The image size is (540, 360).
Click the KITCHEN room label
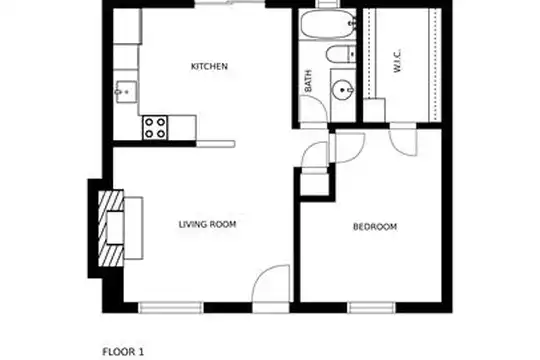click(x=209, y=66)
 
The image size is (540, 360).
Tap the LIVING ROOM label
click(x=207, y=224)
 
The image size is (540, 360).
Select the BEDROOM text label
click(x=375, y=227)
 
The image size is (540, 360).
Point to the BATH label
click(x=308, y=81)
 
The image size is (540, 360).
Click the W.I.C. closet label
click(x=397, y=61)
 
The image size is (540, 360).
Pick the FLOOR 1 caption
click(x=123, y=352)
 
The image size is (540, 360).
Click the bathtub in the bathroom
click(x=328, y=24)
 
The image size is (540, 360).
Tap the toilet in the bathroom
click(x=341, y=54)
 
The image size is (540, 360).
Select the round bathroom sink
click(x=342, y=90)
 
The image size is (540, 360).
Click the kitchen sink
click(x=126, y=92)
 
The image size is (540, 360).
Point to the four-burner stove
click(x=155, y=127)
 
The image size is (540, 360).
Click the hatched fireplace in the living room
click(x=111, y=228)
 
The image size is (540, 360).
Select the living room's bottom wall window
click(x=171, y=308)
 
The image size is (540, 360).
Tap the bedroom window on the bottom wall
click(x=371, y=308)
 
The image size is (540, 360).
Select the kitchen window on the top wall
click(x=230, y=3)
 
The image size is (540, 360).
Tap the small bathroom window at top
click(x=328, y=3)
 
